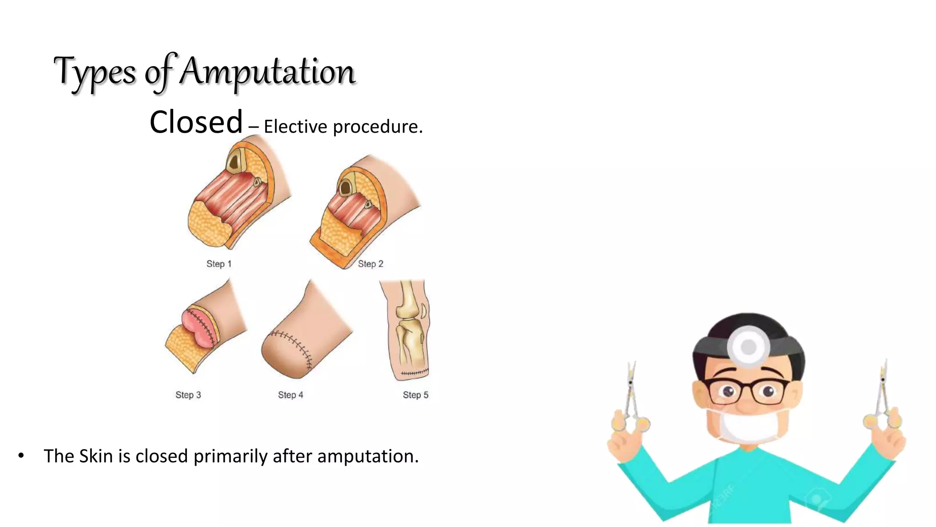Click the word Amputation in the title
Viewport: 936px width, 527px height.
click(267, 72)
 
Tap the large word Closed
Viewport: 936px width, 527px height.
click(196, 122)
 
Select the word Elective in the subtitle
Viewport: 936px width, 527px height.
click(295, 127)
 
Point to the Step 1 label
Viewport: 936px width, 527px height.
click(219, 264)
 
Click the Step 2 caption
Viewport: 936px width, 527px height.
click(370, 264)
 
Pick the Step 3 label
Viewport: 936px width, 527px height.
click(188, 395)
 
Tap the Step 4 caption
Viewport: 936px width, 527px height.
click(290, 395)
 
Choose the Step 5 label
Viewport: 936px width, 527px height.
click(415, 395)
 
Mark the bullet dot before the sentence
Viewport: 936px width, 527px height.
click(21, 456)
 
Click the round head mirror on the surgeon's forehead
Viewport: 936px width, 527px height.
click(748, 346)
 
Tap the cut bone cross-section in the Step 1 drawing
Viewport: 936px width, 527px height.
click(235, 161)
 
